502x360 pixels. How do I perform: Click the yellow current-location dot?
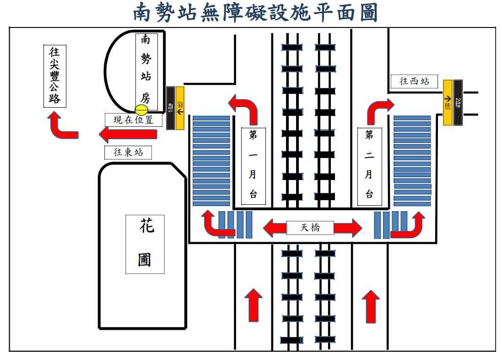tap(141, 110)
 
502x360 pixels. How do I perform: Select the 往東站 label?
tap(128, 153)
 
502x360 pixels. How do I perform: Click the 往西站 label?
tap(415, 82)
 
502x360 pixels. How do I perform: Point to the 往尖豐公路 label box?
tap(54, 76)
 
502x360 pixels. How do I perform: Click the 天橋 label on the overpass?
tap(310, 228)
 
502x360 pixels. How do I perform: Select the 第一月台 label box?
tap(253, 165)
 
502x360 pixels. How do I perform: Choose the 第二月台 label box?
tap(369, 165)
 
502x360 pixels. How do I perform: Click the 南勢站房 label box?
tap(146, 72)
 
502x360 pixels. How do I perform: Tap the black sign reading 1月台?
tap(170, 108)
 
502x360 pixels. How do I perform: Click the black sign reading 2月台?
tap(458, 102)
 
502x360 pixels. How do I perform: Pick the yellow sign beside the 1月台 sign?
tap(180, 108)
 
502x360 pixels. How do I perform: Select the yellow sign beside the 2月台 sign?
tap(448, 102)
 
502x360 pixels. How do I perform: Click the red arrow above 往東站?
tap(128, 135)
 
